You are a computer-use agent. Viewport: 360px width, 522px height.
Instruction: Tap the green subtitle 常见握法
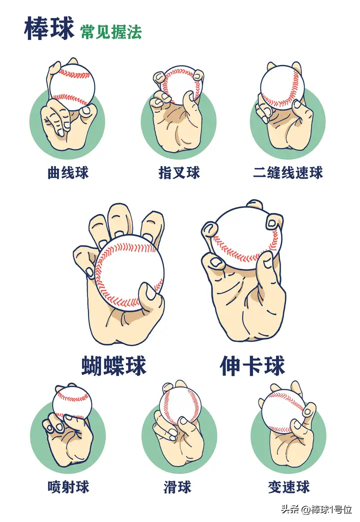click(x=111, y=32)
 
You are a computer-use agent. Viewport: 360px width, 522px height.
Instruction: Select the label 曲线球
click(x=68, y=173)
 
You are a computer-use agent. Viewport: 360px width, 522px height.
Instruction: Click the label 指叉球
click(x=179, y=173)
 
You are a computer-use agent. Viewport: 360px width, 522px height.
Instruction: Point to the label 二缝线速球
click(x=288, y=173)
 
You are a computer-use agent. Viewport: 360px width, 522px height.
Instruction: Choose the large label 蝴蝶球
click(x=114, y=366)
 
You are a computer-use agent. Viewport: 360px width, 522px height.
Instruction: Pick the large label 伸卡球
click(x=252, y=366)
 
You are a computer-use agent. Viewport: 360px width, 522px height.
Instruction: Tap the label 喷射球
click(x=68, y=487)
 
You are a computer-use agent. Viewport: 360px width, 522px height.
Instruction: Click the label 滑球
click(x=177, y=487)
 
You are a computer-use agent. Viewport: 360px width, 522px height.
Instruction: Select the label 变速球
click(x=289, y=487)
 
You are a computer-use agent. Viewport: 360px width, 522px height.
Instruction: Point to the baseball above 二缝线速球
click(x=282, y=87)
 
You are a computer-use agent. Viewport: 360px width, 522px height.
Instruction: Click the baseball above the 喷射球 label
click(x=72, y=403)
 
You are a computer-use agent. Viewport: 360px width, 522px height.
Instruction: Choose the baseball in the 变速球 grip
click(x=283, y=411)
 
